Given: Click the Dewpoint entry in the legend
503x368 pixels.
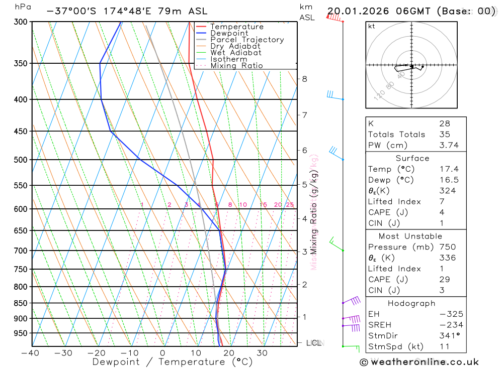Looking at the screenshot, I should (229, 33).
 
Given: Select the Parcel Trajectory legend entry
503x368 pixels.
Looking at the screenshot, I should (246, 40).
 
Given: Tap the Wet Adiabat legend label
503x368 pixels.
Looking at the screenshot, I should (235, 53).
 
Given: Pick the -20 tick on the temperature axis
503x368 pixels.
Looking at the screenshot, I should (96, 353).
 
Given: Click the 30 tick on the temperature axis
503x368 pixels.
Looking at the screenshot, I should (262, 353).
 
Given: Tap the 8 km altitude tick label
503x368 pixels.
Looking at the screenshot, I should (304, 79).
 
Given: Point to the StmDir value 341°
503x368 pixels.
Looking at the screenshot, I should (449, 336).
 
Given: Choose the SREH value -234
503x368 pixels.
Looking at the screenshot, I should (449, 325).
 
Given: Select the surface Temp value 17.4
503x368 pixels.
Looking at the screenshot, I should (449, 169).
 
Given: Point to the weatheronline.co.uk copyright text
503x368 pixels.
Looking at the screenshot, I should (419, 362).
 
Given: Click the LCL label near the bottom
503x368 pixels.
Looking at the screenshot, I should (314, 343).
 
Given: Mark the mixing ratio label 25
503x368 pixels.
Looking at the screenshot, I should (290, 205).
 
